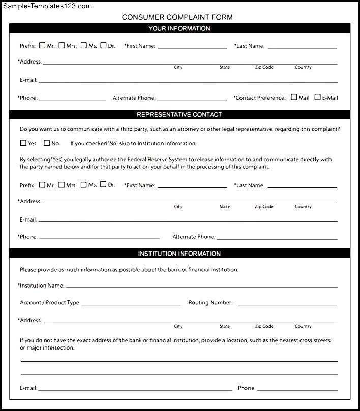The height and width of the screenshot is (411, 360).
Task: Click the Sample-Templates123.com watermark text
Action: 46,6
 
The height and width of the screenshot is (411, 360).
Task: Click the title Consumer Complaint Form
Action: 177,17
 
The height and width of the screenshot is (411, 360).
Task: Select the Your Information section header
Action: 179,28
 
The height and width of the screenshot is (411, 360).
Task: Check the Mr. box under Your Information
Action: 42,45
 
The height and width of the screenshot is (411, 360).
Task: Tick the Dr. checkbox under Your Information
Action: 104,45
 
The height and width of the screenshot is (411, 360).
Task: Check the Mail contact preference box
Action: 294,97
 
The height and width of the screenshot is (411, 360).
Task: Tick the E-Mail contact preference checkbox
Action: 318,97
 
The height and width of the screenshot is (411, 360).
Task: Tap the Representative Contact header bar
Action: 179,115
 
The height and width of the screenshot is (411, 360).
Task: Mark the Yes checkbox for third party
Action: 23,143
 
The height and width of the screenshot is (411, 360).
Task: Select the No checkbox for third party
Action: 47,143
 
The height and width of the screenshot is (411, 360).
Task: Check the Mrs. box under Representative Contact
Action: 62,185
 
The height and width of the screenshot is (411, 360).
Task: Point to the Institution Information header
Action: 179,254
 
